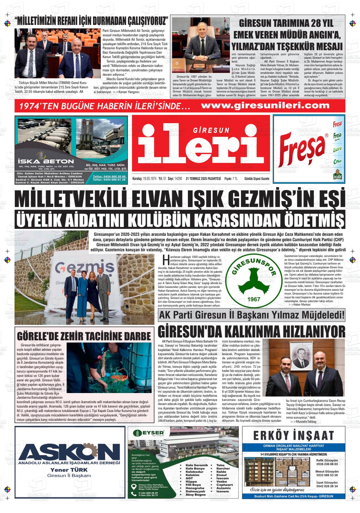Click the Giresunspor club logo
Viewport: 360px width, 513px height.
(252, 277)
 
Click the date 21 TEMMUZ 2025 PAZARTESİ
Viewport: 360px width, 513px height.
(203, 179)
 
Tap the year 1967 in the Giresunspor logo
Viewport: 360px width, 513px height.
(252, 299)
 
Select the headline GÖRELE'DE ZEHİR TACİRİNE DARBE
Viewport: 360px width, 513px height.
(84, 336)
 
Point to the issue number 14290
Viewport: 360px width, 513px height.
(179, 179)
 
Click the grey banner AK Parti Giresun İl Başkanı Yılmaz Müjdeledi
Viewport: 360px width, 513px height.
(252, 316)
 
